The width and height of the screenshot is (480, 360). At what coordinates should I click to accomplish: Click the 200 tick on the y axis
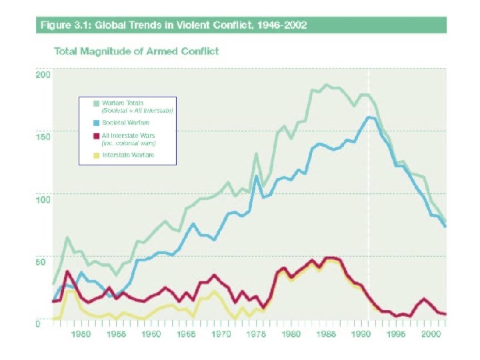coord(42,75)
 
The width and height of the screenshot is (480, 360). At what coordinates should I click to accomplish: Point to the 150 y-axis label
coord(42,137)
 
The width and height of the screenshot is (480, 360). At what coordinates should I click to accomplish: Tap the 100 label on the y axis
coord(42,199)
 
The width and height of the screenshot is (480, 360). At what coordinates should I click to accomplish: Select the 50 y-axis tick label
coord(41,262)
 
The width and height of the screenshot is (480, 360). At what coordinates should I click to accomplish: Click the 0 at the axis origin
coord(37,324)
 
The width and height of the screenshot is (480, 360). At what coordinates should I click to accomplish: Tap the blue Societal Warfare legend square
coord(97,123)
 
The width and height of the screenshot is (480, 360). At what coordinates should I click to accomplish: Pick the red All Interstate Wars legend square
coord(97,135)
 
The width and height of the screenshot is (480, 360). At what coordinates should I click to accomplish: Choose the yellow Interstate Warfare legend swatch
coord(97,155)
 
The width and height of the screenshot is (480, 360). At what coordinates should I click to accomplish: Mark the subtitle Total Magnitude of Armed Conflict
coord(136,51)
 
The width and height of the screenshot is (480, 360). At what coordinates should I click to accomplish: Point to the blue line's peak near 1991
coord(369,117)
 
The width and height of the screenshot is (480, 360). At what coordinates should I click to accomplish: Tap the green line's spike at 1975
coord(256,154)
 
